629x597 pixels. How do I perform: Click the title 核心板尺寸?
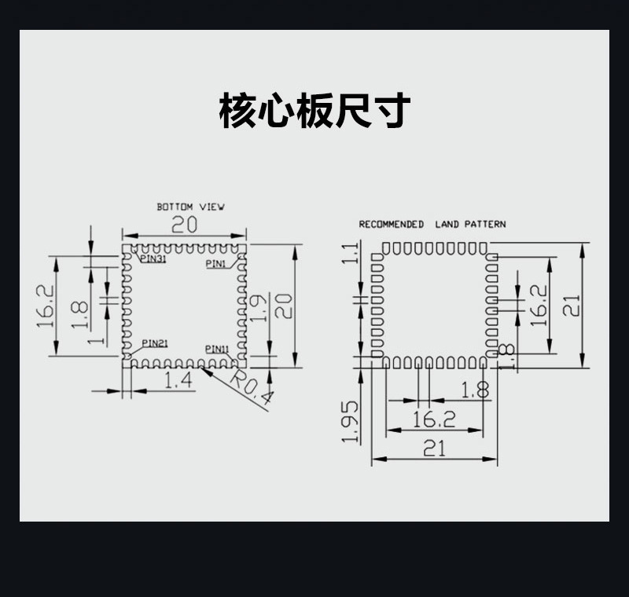click(x=314, y=111)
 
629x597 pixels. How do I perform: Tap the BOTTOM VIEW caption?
click(x=190, y=207)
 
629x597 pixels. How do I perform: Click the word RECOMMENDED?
click(x=392, y=225)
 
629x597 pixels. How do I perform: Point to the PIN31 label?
click(x=153, y=258)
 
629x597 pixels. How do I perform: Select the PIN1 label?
click(x=216, y=264)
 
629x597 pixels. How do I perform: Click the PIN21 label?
click(x=155, y=343)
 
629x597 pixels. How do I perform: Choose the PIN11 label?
click(x=217, y=349)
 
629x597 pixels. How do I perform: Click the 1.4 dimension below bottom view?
click(x=178, y=379)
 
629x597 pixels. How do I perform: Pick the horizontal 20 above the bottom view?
click(x=184, y=225)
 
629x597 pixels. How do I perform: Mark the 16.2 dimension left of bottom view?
click(x=45, y=306)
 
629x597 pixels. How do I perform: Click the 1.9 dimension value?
click(x=258, y=309)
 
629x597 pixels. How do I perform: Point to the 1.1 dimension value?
click(x=351, y=253)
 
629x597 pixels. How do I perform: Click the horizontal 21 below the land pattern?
click(x=434, y=449)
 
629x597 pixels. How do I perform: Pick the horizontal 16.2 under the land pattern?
click(x=434, y=419)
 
